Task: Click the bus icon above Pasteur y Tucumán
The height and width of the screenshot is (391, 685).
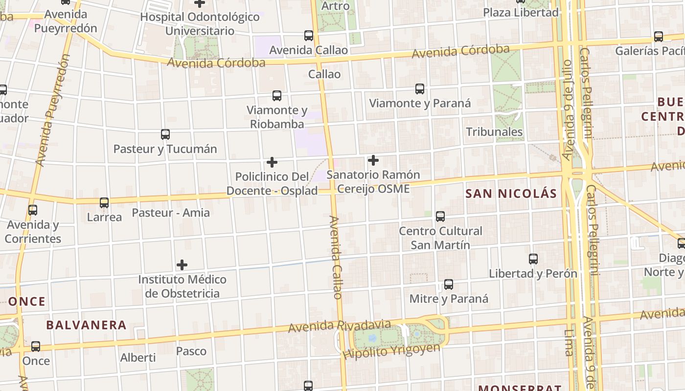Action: (x=165, y=134)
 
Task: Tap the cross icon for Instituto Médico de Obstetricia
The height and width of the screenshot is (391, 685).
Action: (x=182, y=265)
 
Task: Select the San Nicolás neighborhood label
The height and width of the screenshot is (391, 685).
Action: (x=511, y=194)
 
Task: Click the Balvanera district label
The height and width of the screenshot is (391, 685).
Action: (x=86, y=325)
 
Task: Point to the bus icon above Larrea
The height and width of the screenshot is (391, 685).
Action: (x=104, y=203)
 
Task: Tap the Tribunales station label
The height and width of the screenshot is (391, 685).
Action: (x=494, y=132)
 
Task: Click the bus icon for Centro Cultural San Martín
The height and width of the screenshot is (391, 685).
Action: (x=440, y=216)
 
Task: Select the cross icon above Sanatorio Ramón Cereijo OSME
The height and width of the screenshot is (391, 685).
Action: (x=373, y=160)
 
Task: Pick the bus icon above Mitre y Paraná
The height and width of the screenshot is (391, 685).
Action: (x=449, y=284)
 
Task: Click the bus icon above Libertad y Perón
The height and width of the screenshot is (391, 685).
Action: (x=533, y=259)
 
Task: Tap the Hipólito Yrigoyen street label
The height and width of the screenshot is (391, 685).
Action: (x=391, y=351)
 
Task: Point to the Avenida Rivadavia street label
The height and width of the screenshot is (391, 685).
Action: (x=340, y=326)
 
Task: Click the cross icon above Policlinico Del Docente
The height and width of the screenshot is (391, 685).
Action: (x=272, y=162)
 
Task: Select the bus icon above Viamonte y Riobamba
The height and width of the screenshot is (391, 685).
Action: (x=277, y=96)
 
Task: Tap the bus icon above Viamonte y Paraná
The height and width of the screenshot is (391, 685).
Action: (x=420, y=89)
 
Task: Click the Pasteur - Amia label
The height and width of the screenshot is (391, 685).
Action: (x=171, y=213)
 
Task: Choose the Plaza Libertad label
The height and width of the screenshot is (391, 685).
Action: (x=521, y=13)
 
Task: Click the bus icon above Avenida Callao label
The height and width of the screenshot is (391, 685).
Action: (x=309, y=36)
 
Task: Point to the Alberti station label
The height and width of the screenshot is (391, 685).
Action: (x=138, y=358)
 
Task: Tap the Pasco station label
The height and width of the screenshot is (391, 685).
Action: (x=191, y=351)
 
